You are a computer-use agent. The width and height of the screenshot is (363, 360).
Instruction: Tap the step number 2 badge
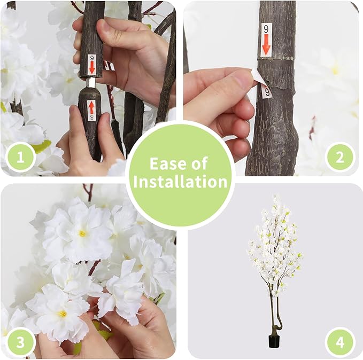point(340,158)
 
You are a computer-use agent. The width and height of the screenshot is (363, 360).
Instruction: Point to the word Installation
point(180,182)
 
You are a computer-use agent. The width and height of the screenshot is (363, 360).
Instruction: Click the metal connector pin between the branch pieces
point(90,83)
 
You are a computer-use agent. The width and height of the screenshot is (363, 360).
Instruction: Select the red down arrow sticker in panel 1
point(91,64)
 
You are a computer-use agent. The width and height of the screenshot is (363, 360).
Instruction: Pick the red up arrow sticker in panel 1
point(91,110)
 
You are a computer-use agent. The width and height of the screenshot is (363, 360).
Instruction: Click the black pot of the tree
point(274,340)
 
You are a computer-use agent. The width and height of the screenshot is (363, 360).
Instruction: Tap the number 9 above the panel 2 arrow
point(266,29)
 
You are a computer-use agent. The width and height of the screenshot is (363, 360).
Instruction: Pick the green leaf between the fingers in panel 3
point(103,333)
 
